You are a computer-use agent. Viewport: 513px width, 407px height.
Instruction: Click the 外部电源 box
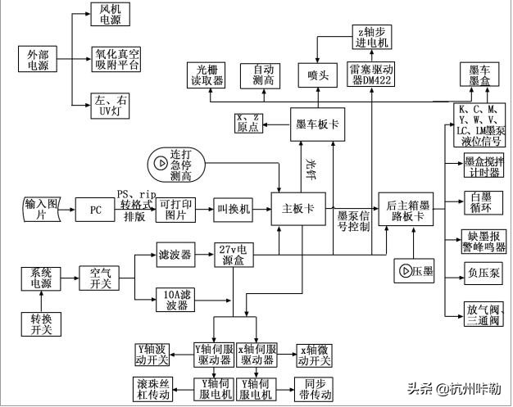point(34,60)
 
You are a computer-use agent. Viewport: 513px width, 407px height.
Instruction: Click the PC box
point(96,210)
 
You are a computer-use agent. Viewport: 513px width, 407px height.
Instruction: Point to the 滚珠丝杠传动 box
point(152,388)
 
